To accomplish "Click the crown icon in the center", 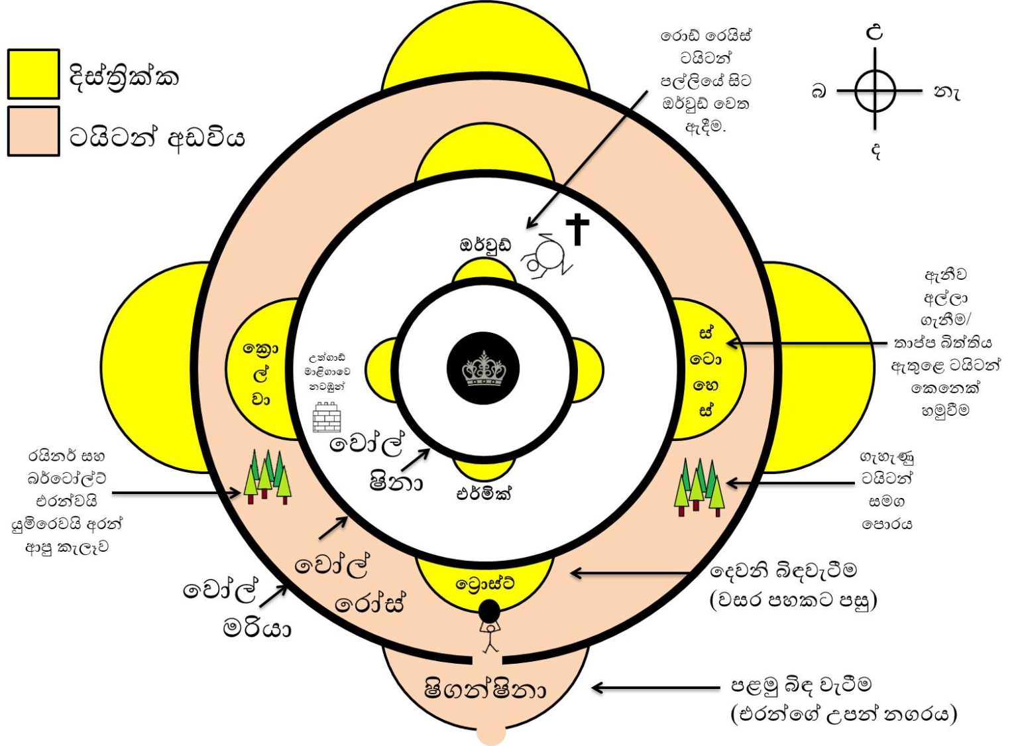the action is (484, 369).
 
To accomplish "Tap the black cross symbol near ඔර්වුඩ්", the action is (577, 229).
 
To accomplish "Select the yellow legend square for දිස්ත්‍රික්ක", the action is (34, 74).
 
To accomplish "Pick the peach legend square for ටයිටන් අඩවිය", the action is (34, 131).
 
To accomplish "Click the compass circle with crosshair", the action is (875, 90).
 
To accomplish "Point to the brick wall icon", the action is (327, 417).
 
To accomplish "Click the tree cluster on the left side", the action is (268, 477).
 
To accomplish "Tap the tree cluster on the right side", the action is (700, 487).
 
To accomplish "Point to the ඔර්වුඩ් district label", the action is (485, 244).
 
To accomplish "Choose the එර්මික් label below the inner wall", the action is (484, 493).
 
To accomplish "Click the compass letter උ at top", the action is (875, 33).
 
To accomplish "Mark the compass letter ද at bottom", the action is (876, 151).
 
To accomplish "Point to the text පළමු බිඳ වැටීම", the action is (801, 684).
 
